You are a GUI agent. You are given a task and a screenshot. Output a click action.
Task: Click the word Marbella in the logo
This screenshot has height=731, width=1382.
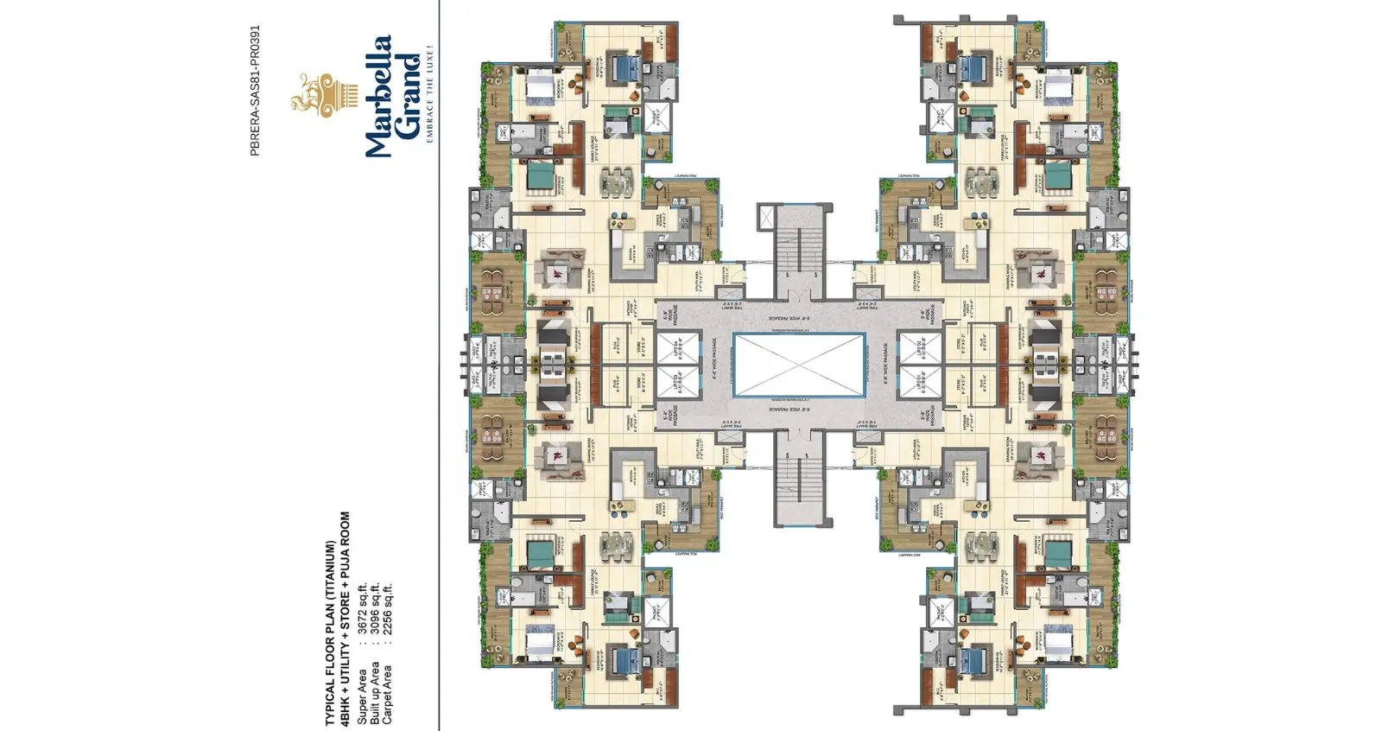pos(378,96)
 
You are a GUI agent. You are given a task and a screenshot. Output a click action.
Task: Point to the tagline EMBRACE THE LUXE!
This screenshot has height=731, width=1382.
pos(430,94)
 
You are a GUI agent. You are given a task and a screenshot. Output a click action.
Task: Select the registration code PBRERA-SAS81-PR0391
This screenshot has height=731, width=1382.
pos(254,90)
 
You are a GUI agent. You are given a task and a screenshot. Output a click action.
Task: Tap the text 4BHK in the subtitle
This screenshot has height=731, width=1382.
pos(345,709)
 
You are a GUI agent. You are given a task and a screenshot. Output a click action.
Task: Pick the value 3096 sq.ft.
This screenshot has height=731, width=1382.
pos(375,608)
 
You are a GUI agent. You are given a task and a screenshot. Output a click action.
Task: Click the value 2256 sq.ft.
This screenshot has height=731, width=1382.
pos(388,608)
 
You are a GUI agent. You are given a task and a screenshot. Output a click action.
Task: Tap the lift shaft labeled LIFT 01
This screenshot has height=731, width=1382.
pos(921,383)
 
